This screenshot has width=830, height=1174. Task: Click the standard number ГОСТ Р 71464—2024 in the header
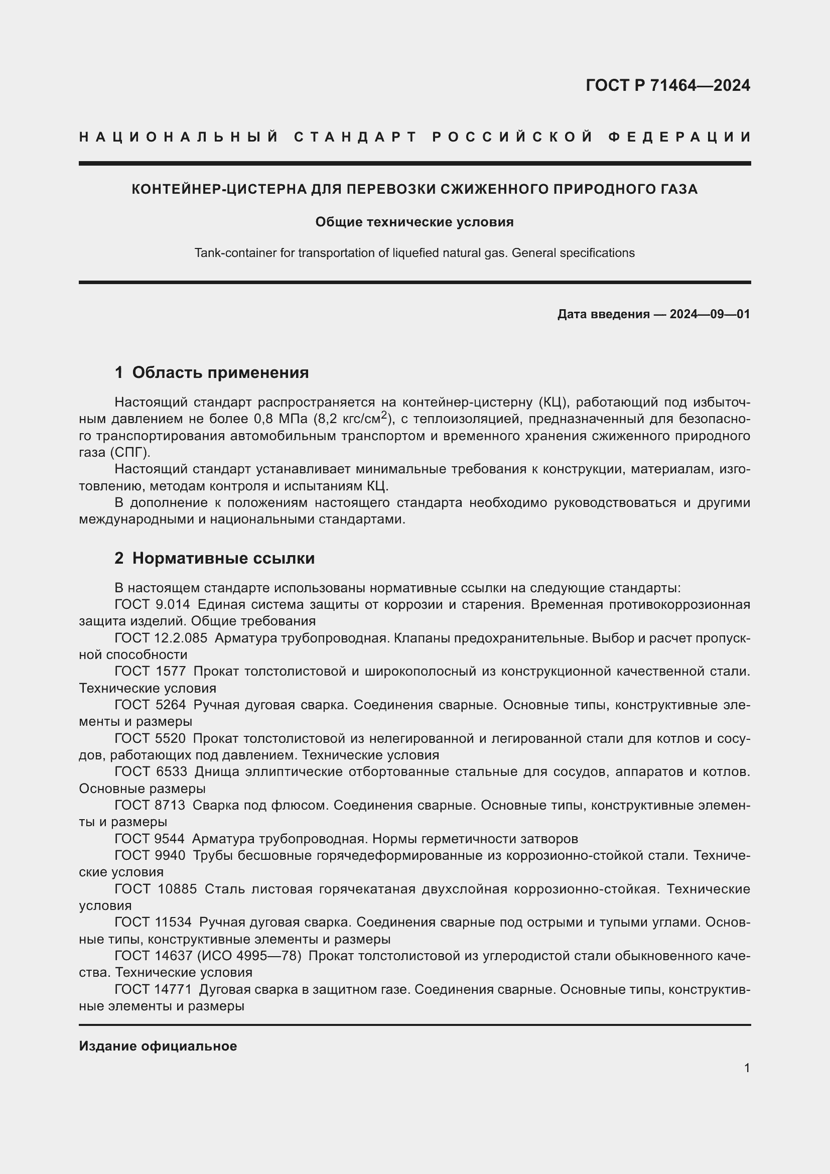point(667,85)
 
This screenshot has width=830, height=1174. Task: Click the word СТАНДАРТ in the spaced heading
point(356,137)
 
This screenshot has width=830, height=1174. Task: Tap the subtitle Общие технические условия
point(414,222)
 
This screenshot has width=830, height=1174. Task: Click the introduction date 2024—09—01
point(710,314)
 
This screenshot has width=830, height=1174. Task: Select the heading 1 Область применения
point(212,372)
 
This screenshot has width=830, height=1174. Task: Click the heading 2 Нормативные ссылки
point(215,558)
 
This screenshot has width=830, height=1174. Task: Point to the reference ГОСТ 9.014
point(153,604)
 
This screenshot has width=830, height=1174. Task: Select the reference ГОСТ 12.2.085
point(161,637)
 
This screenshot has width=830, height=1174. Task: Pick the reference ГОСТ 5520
point(150,738)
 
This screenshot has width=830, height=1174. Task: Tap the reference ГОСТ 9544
point(150,839)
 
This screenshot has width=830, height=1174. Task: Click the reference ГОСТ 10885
point(156,889)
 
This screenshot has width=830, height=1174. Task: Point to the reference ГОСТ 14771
point(153,989)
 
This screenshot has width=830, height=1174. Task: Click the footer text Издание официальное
point(158,1046)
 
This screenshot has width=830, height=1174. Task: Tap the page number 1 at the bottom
point(747,1068)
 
